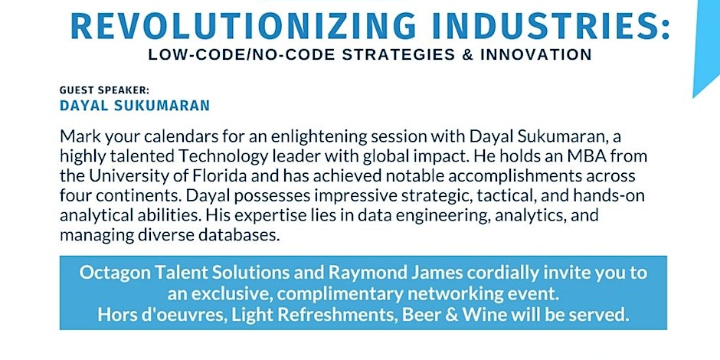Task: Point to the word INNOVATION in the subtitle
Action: point(536,54)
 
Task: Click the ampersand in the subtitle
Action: point(465,54)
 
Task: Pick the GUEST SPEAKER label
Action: point(105,90)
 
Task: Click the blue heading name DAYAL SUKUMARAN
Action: point(135,106)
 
